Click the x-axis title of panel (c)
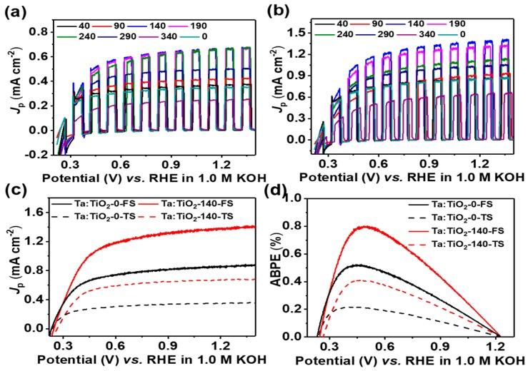[x=151, y=361]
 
